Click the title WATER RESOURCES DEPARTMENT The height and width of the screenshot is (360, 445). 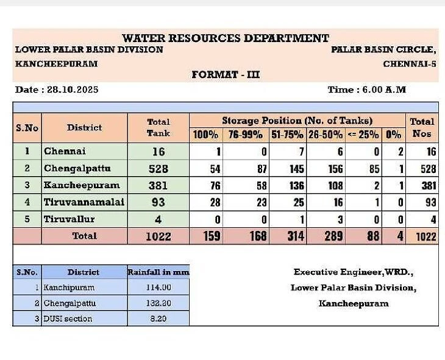[x=225, y=38]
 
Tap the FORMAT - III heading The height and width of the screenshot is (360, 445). [x=226, y=75]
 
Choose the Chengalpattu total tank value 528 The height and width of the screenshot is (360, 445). [x=158, y=168]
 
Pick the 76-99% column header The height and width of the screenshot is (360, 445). [x=246, y=135]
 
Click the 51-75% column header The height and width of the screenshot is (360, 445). [x=287, y=135]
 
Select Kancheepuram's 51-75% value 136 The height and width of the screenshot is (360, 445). [x=289, y=185]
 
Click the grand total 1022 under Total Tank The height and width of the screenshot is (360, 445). [x=158, y=236]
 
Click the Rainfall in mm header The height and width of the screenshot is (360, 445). [x=158, y=272]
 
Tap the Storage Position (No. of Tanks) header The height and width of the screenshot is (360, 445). [x=297, y=121]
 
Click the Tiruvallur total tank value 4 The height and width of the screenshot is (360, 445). [x=158, y=219]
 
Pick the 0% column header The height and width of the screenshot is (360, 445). [x=394, y=135]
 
